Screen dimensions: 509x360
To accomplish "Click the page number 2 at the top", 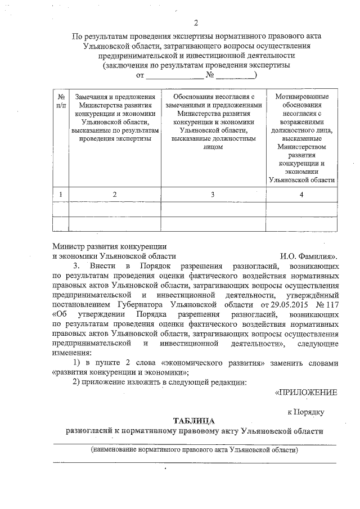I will pyautogui.click(x=196, y=23).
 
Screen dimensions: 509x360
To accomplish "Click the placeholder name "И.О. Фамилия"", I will pyautogui.click(x=309, y=255).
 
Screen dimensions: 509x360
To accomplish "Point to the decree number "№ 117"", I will pyautogui.click(x=327, y=304).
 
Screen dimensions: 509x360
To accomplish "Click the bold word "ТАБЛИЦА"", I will pyautogui.click(x=195, y=421).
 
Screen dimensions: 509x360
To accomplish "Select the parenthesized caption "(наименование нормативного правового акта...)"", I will pyautogui.click(x=195, y=451).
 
